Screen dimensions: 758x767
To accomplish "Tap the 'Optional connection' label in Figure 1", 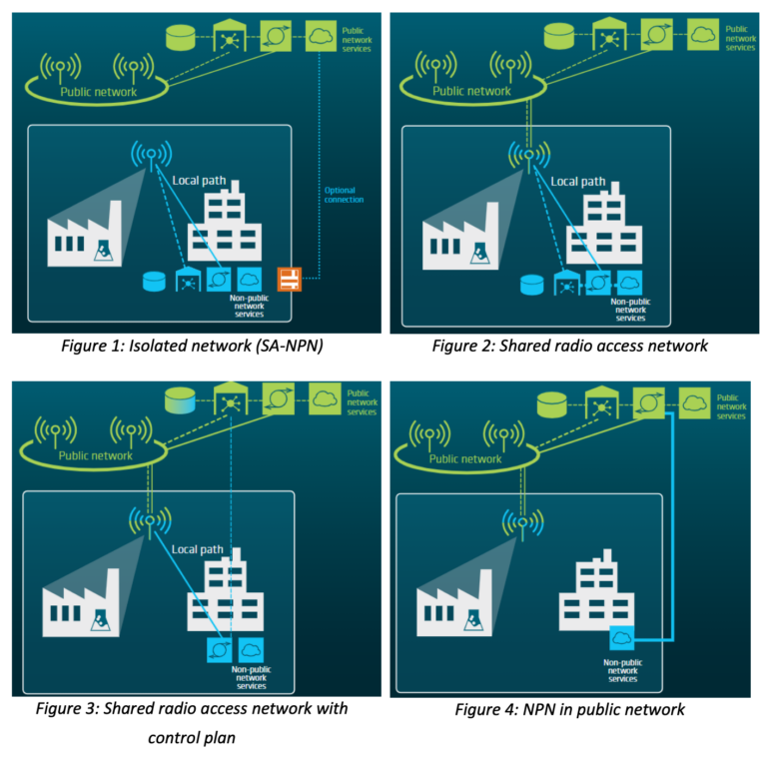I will click(x=344, y=195).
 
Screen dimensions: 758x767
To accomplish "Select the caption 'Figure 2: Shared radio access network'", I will click(x=570, y=346).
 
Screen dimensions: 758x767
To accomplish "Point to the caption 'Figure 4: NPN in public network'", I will click(x=570, y=710).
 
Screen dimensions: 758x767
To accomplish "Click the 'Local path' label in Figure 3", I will click(x=198, y=548).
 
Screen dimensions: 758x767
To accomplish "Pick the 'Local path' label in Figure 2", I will click(x=578, y=182).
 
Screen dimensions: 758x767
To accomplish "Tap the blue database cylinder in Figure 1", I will click(x=154, y=282).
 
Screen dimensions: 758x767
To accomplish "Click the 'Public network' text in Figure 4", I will click(x=465, y=458).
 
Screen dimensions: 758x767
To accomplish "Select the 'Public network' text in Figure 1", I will click(x=96, y=93).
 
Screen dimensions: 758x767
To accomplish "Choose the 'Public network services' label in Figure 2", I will click(x=740, y=39).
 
